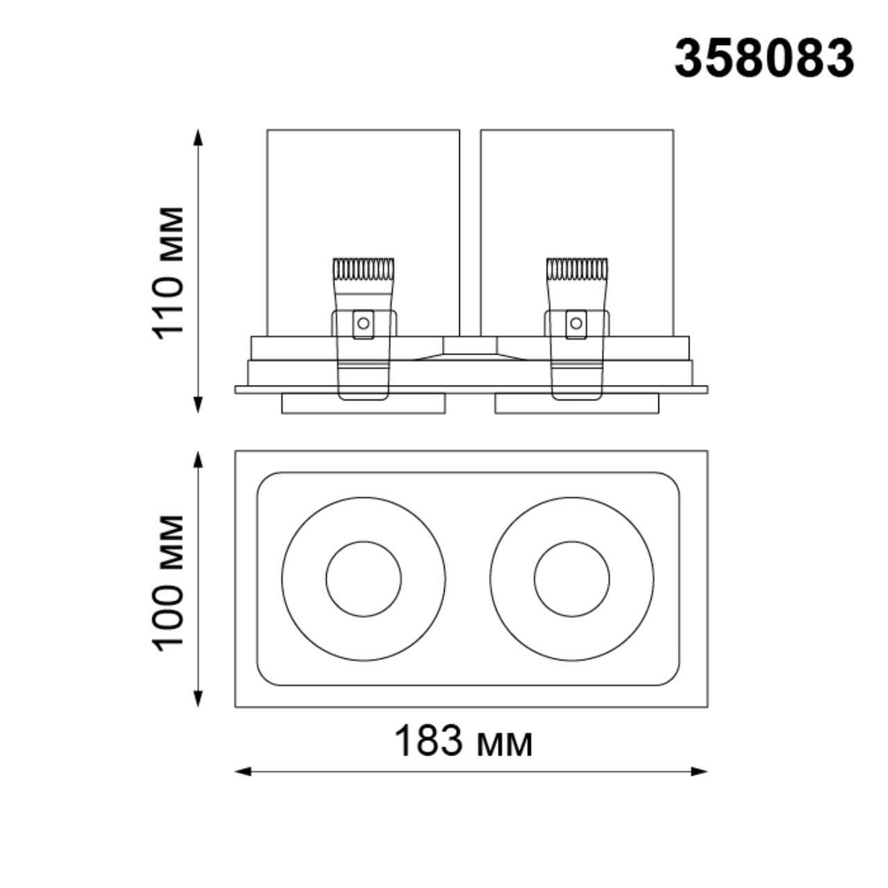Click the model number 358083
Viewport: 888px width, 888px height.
point(764,59)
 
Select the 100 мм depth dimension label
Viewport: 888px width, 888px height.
point(169,581)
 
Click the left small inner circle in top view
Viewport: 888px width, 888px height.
point(363,579)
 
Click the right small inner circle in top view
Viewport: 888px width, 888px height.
point(572,579)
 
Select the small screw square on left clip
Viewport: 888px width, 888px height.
point(362,323)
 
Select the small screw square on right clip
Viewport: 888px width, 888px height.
point(576,323)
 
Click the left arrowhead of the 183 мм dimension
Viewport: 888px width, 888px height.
point(242,772)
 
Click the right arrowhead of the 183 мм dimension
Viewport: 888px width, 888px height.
point(702,772)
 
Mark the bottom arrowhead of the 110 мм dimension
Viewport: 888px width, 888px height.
point(199,406)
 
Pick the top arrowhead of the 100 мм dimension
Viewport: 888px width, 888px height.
point(199,458)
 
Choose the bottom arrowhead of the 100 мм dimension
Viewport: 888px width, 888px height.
point(199,701)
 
